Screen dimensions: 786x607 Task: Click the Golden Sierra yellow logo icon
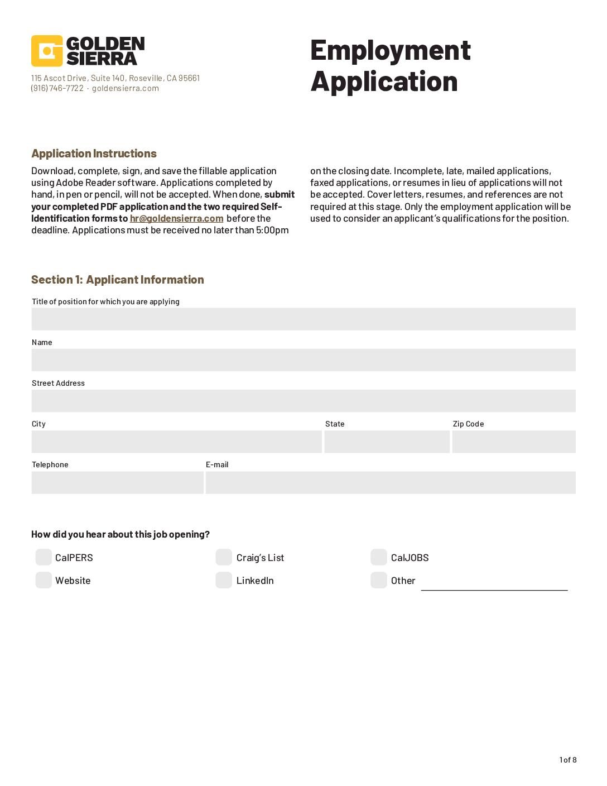tap(47, 51)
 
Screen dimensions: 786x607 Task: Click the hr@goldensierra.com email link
tap(176, 218)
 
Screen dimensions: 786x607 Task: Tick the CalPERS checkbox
tap(44, 557)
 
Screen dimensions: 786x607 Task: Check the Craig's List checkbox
tap(224, 557)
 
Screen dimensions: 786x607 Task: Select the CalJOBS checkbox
tap(378, 557)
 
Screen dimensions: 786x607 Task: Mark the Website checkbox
tap(44, 580)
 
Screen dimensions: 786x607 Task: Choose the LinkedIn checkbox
tap(224, 580)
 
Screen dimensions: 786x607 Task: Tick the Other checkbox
tap(378, 580)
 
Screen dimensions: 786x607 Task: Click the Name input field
tap(303, 360)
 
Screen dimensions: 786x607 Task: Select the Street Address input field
tap(303, 401)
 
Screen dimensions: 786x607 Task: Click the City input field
tap(176, 442)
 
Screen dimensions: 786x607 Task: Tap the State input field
tap(387, 442)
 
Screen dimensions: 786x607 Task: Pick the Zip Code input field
tap(513, 442)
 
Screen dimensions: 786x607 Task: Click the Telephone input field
tap(117, 482)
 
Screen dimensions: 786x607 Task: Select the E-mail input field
tap(391, 482)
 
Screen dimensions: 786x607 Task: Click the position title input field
tap(303, 319)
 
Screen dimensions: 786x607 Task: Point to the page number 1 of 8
tap(568, 760)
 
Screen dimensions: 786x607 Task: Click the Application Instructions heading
tap(94, 154)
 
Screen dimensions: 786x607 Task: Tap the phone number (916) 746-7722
tap(57, 88)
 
